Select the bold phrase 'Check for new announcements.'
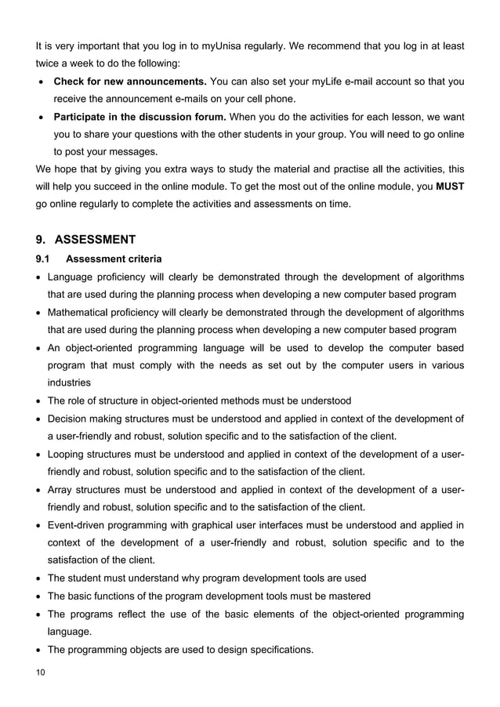129,82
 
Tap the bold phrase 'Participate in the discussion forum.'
139,117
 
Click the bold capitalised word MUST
449,187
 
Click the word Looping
68,454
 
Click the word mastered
349,596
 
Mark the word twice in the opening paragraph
48,63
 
